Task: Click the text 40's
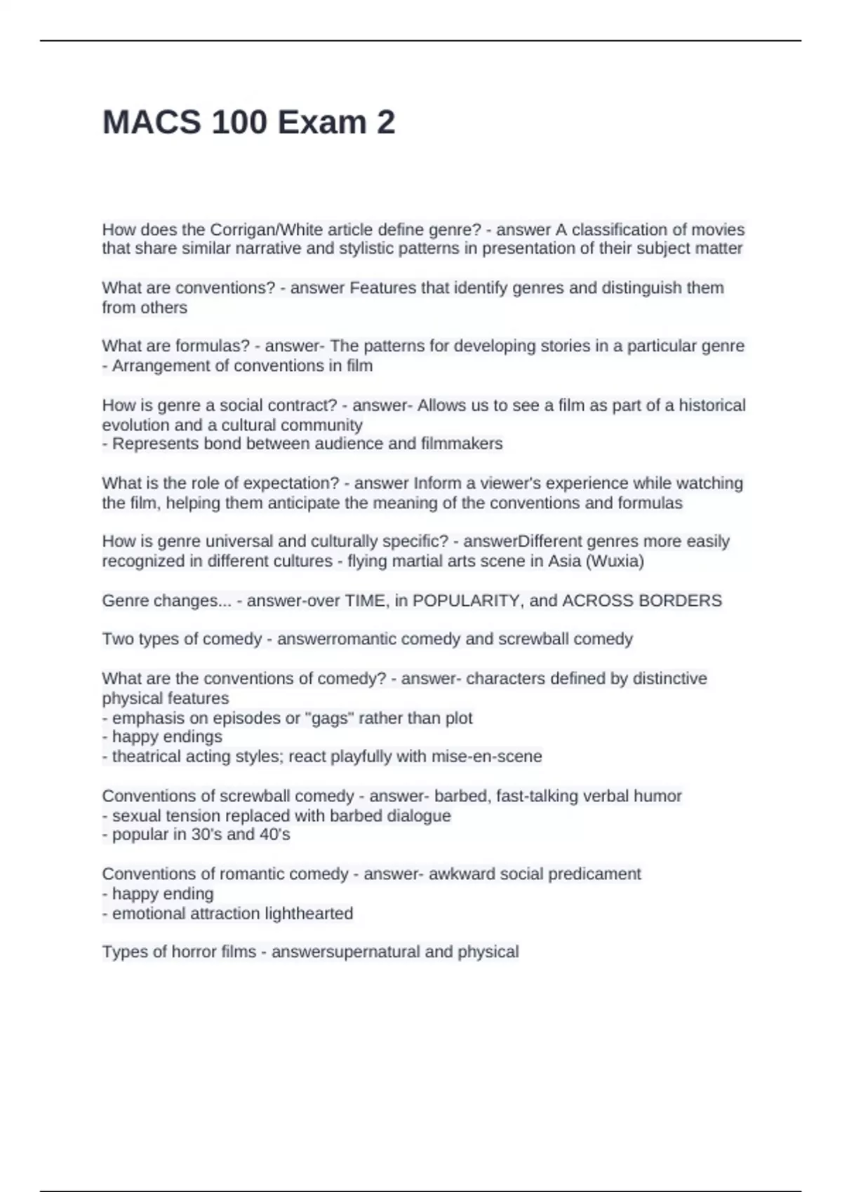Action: (x=275, y=835)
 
